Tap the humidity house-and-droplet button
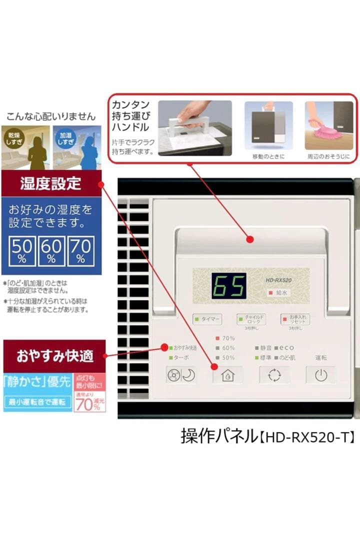228,374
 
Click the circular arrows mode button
274,374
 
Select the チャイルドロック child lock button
251,318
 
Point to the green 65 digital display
228,286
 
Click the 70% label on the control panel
225,338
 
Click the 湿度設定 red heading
51,183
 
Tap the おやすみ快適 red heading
54,356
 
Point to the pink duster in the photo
326,130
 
